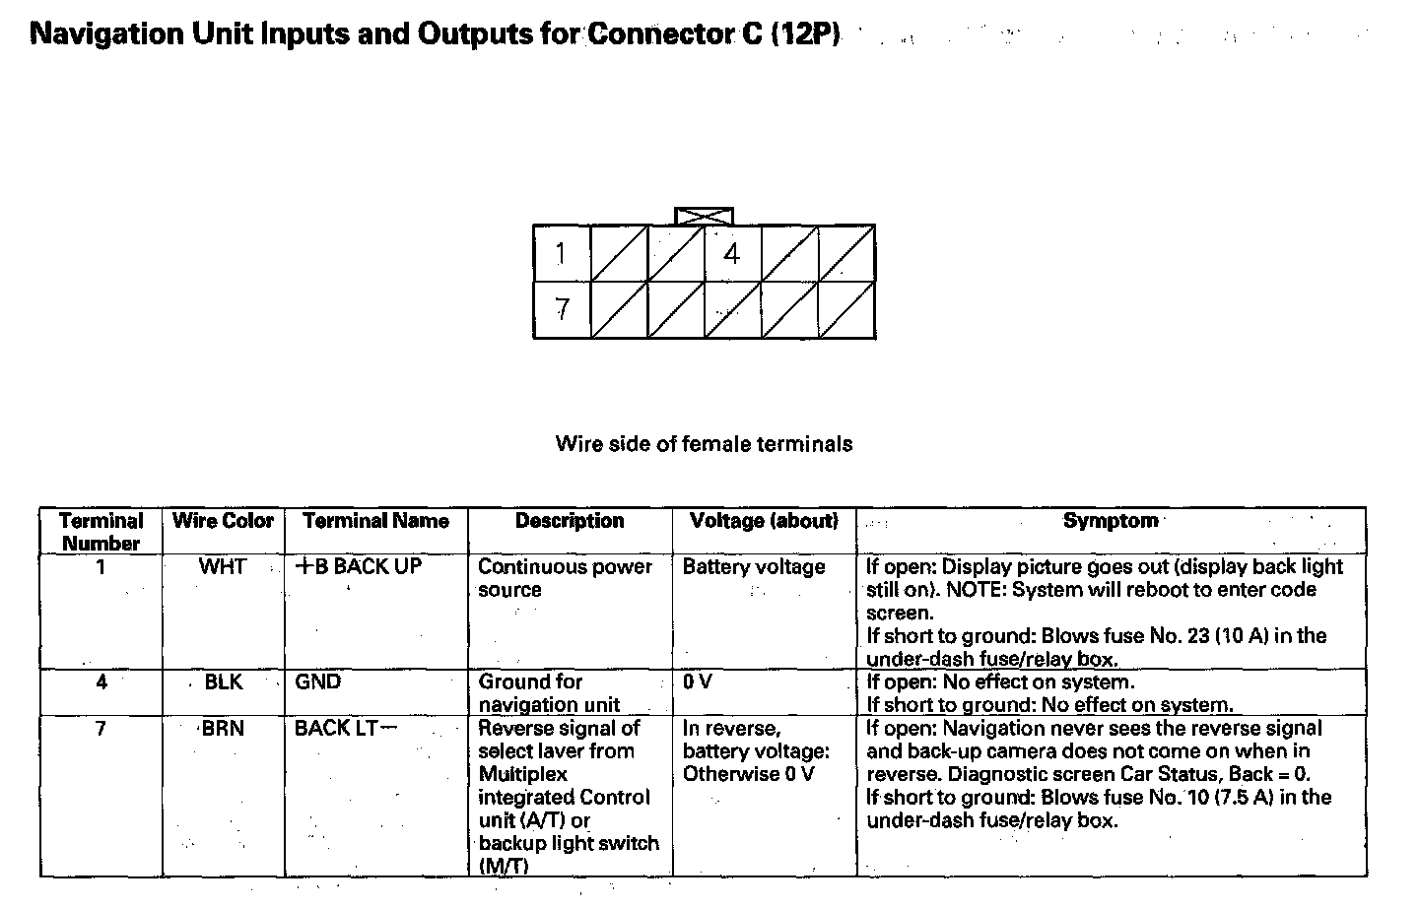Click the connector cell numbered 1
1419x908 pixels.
[561, 254]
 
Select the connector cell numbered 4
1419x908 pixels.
[731, 254]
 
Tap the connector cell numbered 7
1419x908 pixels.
[562, 310]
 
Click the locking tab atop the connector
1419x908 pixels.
[704, 216]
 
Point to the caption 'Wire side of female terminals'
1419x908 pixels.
[704, 443]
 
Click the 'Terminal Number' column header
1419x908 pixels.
[101, 531]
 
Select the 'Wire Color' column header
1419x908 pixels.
[223, 521]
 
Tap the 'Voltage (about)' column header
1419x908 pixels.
[764, 521]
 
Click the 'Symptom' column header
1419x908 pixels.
[1110, 521]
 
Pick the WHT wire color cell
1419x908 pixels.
[223, 566]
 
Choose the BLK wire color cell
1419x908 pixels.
[223, 681]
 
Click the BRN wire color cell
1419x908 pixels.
[223, 728]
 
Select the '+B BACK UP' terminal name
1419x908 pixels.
[359, 566]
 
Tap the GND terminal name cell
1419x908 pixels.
[317, 681]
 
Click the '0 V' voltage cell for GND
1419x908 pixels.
[697, 681]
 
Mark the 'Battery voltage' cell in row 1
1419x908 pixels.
[753, 566]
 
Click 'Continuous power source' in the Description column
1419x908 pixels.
[565, 578]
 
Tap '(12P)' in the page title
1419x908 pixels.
[806, 34]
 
